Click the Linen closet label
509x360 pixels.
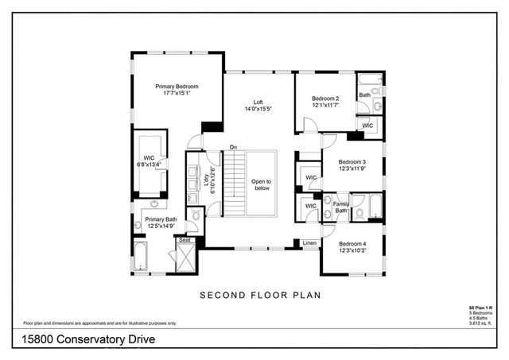click(309, 242)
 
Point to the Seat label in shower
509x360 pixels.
click(185, 240)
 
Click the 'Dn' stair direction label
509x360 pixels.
click(233, 146)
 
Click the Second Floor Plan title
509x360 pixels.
click(259, 295)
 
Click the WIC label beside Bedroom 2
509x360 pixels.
click(367, 126)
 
